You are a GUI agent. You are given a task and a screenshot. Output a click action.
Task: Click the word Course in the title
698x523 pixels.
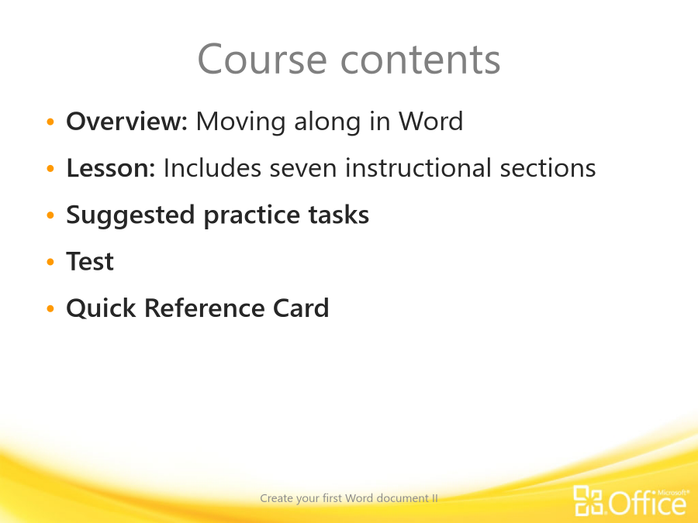262,59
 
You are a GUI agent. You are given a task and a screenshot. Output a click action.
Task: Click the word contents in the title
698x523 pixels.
420,60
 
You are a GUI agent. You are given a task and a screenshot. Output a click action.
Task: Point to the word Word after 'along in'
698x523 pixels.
431,121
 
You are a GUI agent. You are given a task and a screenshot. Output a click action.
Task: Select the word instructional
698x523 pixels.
419,168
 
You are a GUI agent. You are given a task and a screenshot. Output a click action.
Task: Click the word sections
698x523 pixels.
548,168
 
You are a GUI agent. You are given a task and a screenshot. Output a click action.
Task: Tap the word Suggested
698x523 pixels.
130,215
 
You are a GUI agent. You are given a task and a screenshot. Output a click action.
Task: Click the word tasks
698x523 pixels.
339,215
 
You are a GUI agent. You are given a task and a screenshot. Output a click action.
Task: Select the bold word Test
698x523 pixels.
90,261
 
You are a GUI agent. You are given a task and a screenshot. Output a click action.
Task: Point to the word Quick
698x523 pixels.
101,308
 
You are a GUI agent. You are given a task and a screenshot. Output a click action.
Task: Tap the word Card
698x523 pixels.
301,308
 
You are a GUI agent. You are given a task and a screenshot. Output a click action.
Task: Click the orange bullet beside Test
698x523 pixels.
50,262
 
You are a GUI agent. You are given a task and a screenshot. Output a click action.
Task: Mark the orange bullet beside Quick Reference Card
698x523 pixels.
50,308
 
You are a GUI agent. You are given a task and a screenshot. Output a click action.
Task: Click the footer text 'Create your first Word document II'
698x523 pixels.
349,498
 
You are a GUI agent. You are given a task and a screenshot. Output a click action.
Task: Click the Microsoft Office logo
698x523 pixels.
631,501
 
